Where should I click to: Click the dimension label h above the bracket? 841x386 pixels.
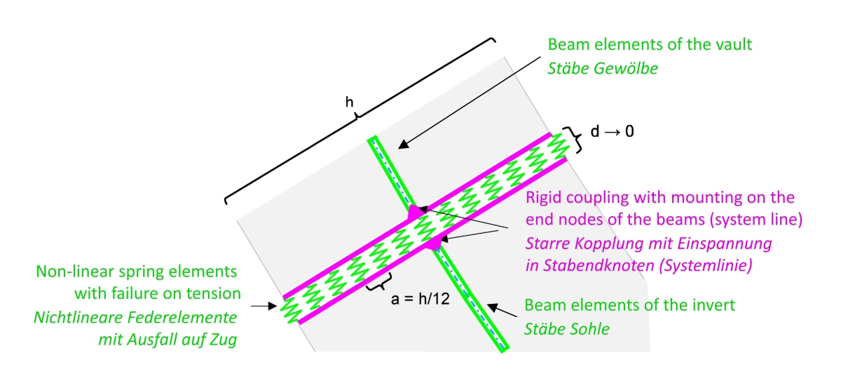(350, 102)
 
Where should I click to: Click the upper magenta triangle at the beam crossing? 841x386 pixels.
(416, 211)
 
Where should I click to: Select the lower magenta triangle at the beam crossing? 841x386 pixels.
(435, 244)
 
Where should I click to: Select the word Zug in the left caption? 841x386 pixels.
(222, 340)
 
